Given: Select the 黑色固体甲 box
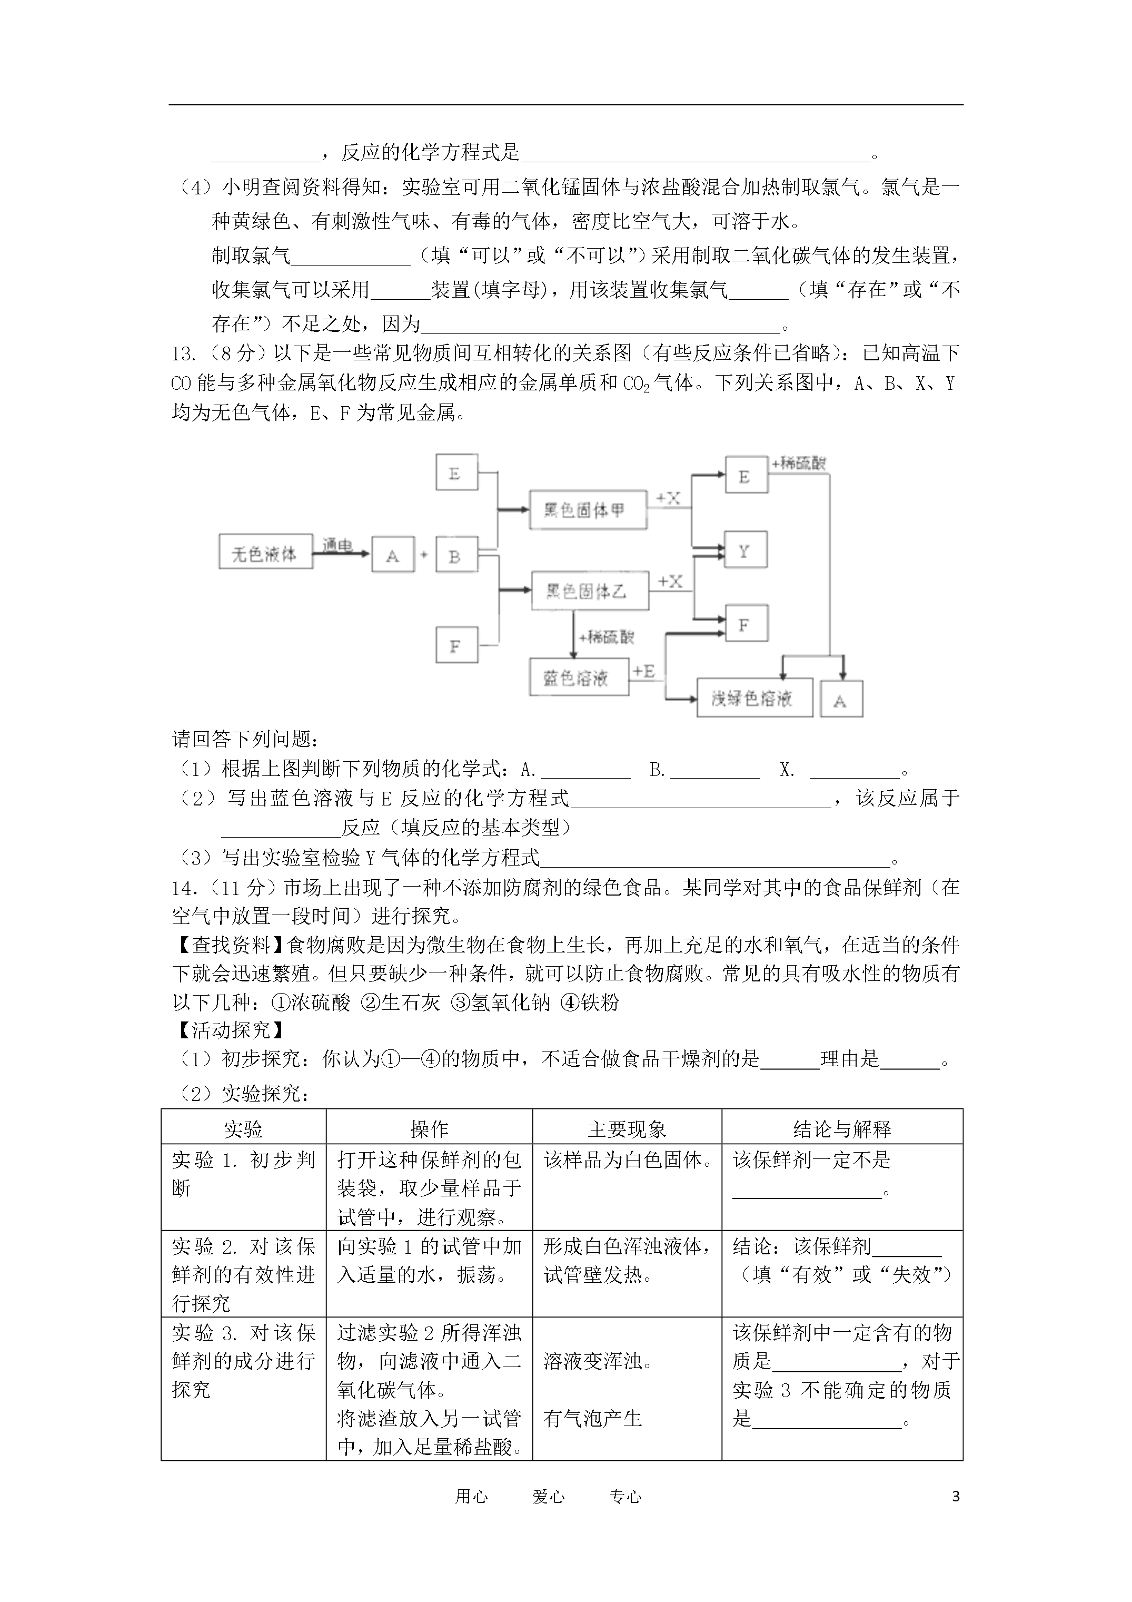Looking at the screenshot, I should (587, 510).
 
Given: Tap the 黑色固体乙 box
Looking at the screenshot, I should (589, 592).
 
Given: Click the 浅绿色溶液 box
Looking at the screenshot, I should (754, 697).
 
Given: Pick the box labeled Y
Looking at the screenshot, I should (746, 551).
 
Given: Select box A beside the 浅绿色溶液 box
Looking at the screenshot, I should (841, 700).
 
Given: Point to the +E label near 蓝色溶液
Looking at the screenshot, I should (644, 671).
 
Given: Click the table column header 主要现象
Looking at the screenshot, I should (627, 1129).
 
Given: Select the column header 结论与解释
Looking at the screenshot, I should (842, 1129).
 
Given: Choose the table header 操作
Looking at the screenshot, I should (429, 1129).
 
